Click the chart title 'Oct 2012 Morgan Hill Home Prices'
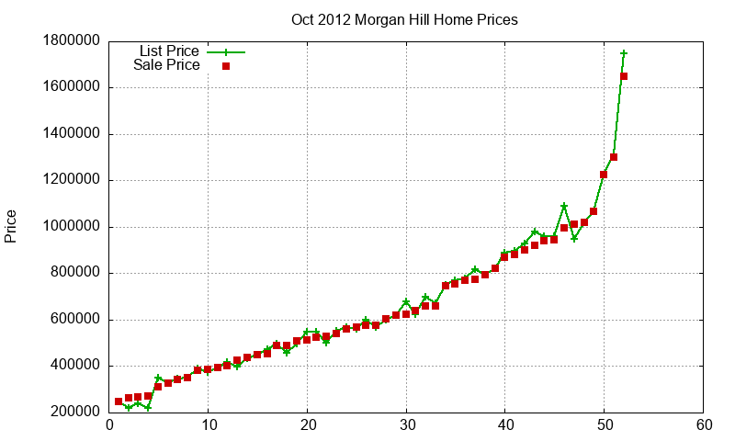pyautogui.click(x=404, y=19)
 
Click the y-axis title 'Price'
pyautogui.click(x=11, y=226)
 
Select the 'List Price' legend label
pyautogui.click(x=169, y=51)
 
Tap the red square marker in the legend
pyautogui.click(x=225, y=66)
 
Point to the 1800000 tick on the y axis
pyautogui.click(x=71, y=41)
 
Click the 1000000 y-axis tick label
pyautogui.click(x=71, y=227)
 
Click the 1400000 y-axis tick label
pyautogui.click(x=71, y=134)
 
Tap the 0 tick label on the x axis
pyautogui.click(x=109, y=426)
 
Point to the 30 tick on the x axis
pyautogui.click(x=406, y=426)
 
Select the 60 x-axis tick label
pyautogui.click(x=703, y=426)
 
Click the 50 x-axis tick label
pyautogui.click(x=604, y=426)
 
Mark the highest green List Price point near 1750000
pyautogui.click(x=624, y=53)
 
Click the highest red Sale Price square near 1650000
pyautogui.click(x=624, y=76)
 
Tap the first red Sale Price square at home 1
pyautogui.click(x=119, y=401)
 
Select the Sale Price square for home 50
pyautogui.click(x=604, y=175)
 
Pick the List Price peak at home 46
pyautogui.click(x=564, y=207)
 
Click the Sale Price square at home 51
pyautogui.click(x=614, y=157)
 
